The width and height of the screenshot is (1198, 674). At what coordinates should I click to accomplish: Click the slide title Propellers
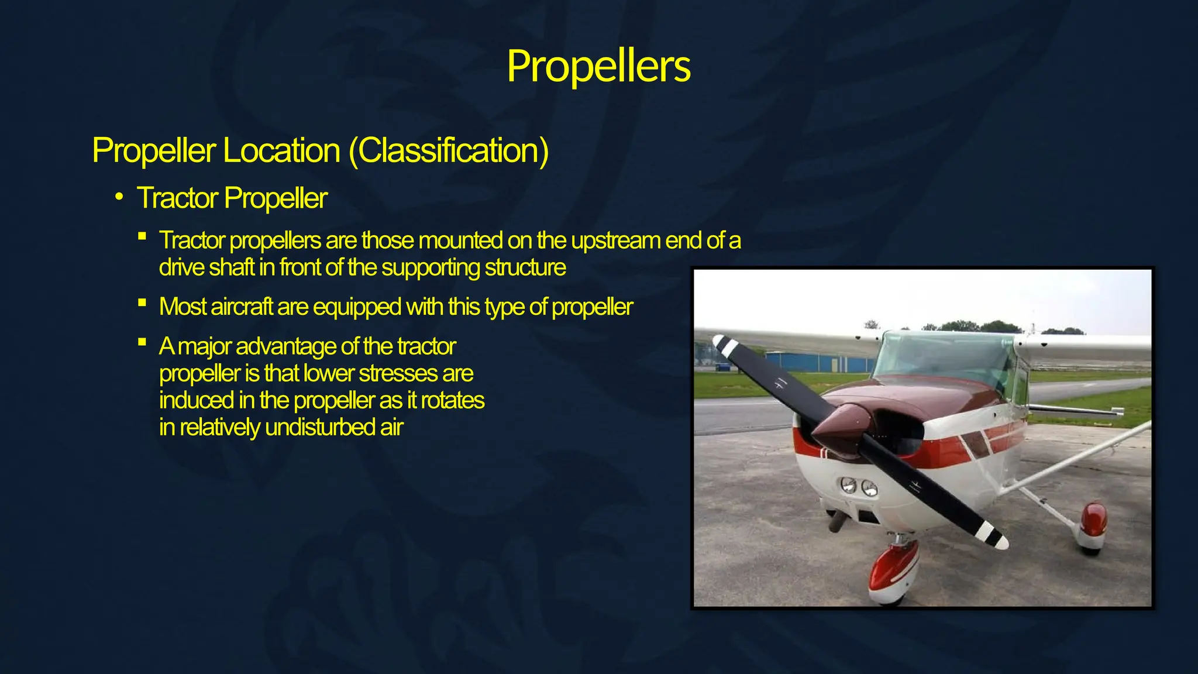[x=598, y=66]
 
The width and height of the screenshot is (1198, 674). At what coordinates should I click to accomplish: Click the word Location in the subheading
[x=281, y=151]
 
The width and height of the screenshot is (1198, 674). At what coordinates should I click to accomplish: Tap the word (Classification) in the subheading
[x=449, y=151]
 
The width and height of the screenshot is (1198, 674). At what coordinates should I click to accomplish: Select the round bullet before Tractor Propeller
[x=119, y=197]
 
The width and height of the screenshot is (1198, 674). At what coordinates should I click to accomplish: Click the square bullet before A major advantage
[x=142, y=342]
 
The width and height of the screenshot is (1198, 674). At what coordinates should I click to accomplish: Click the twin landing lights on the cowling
[x=859, y=486]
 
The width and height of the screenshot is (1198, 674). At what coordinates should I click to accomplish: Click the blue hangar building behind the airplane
[x=819, y=362]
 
